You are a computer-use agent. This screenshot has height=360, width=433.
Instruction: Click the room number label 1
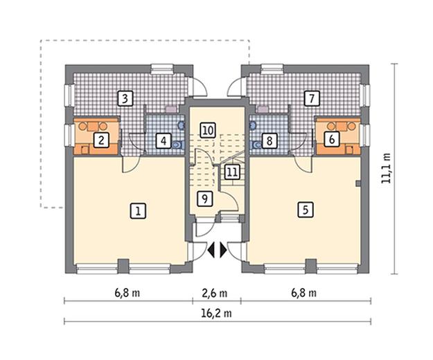[138, 211]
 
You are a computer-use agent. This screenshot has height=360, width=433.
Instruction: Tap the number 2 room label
[101, 141]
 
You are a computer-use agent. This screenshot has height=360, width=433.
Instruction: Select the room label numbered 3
[125, 98]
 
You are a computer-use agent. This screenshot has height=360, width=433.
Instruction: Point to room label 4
[164, 141]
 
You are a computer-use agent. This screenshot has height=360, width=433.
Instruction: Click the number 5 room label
[306, 210]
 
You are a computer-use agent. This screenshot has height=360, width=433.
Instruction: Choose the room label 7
[312, 98]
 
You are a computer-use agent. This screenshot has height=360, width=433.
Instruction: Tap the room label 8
[269, 141]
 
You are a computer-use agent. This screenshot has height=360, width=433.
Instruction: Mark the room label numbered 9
[205, 199]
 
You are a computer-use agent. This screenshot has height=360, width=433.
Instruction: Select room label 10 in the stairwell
[209, 130]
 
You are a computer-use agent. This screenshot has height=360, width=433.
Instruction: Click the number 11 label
[231, 172]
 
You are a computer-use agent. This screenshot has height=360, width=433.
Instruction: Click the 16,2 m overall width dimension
[218, 313]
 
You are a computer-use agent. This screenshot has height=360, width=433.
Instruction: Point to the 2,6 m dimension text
[215, 293]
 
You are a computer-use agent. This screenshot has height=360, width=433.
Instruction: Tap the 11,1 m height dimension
[385, 168]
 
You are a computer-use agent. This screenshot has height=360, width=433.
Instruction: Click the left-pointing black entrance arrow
[211, 251]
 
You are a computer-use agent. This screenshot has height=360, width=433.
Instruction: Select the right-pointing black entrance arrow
[223, 251]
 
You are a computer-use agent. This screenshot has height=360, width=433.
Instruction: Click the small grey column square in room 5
[358, 183]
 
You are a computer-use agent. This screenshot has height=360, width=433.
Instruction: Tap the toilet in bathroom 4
[177, 144]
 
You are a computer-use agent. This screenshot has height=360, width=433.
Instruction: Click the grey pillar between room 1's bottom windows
[123, 266]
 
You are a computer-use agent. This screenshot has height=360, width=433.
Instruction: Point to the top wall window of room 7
[272, 69]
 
